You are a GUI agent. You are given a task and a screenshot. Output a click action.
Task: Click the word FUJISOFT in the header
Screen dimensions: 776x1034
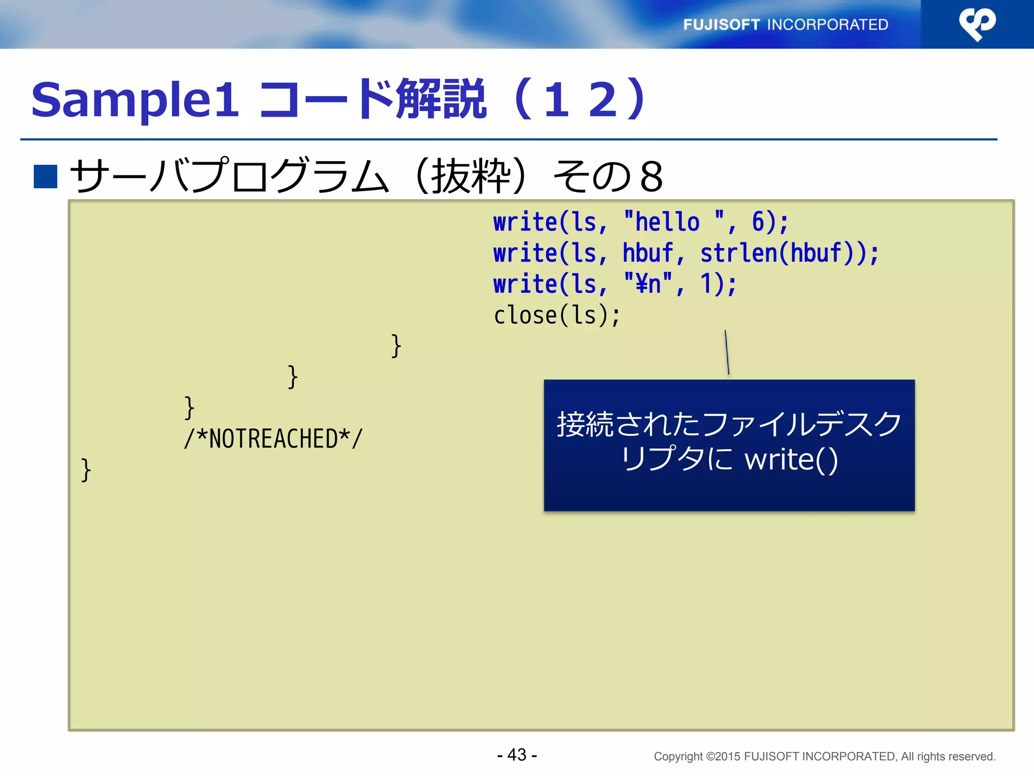pos(721,25)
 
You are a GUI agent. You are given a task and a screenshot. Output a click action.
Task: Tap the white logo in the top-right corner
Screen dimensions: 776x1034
pos(977,24)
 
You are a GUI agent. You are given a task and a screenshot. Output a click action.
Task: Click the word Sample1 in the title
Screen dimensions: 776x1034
pos(135,100)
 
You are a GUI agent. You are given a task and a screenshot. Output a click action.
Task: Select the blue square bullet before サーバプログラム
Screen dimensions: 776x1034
pos(45,176)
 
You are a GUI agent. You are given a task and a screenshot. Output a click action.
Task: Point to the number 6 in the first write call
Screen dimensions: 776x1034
pos(757,222)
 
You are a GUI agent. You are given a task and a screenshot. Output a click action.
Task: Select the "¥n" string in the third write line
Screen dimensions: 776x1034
pos(648,284)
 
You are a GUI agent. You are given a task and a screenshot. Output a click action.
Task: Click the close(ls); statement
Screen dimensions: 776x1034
pos(556,315)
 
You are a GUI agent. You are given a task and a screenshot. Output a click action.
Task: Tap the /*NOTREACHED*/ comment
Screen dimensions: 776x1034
pos(273,439)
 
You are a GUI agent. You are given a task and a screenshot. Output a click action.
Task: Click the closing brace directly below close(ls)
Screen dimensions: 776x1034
pos(396,347)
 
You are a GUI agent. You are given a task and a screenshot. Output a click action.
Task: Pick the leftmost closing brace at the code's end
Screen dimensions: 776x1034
pos(86,470)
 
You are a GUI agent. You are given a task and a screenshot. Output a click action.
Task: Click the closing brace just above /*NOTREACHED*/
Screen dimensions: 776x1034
pos(189,408)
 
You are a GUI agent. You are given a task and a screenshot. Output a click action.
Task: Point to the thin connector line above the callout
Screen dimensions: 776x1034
pos(727,352)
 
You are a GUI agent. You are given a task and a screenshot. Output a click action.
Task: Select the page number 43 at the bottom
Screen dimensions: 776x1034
pos(517,755)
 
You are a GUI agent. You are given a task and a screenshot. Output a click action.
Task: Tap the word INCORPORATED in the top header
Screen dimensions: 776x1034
pos(828,25)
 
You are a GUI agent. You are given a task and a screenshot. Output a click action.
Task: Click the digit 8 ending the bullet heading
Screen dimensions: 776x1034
pos(651,177)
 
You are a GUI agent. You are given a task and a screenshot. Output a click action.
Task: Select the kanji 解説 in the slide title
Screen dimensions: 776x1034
pos(441,100)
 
